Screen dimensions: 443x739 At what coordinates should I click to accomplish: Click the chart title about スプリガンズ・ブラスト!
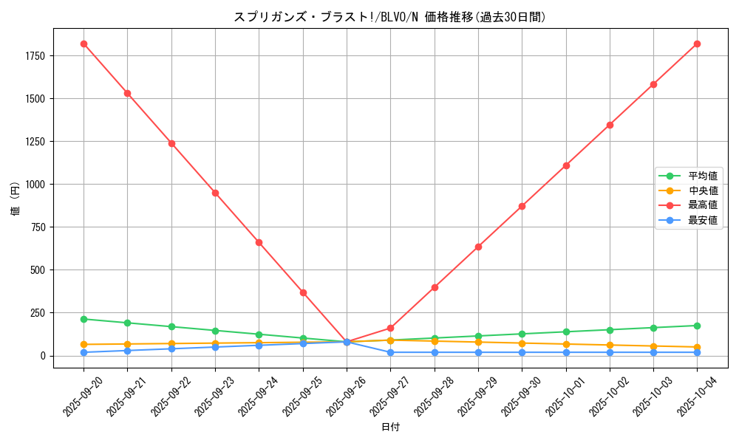pos(389,17)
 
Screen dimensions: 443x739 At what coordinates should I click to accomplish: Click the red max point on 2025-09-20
pos(84,44)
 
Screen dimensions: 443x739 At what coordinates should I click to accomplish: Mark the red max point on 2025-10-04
pos(697,44)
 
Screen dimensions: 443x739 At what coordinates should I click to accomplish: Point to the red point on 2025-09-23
pos(215,193)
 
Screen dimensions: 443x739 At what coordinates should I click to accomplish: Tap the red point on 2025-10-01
pos(566,165)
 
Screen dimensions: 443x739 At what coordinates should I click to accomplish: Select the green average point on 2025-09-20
pos(84,319)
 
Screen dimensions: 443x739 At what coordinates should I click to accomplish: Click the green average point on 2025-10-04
pos(697,326)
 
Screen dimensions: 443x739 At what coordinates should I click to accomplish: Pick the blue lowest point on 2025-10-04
pos(697,352)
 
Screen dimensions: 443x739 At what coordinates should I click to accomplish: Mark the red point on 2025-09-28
pos(435,287)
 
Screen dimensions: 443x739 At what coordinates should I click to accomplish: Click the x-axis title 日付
pos(390,427)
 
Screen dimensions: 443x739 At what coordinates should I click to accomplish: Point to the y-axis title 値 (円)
pos(15,201)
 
